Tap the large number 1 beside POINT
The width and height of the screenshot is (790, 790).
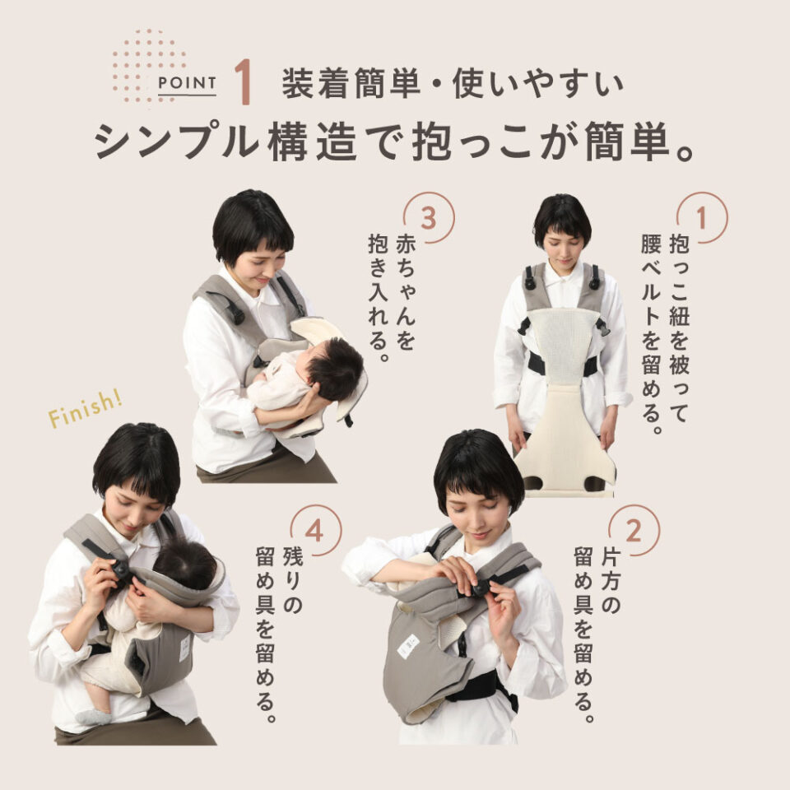[242, 83]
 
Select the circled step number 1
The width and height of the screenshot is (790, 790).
[702, 218]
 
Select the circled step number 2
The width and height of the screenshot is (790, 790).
[633, 531]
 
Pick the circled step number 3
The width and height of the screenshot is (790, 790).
[429, 218]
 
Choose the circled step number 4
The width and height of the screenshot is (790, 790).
[316, 531]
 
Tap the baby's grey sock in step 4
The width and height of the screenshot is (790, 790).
[91, 715]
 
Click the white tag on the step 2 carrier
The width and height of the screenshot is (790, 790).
[409, 645]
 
